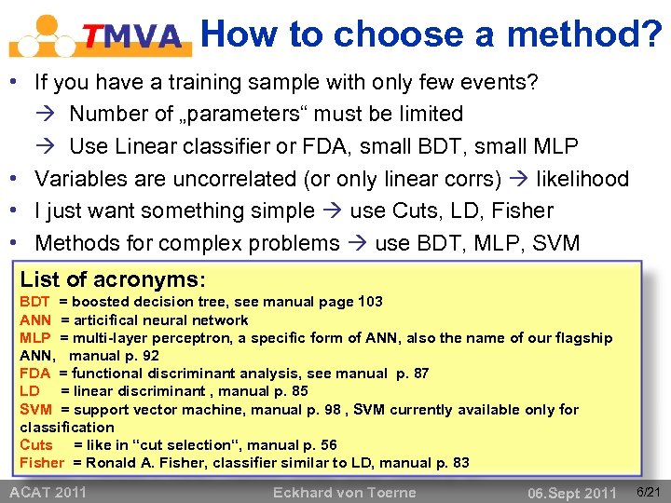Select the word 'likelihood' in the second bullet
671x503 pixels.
pos(581,178)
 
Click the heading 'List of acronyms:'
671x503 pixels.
pos(113,279)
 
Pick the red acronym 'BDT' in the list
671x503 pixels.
pos(35,302)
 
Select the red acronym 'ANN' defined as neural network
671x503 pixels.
pos(35,319)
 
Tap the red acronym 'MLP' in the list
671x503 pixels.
pos(35,337)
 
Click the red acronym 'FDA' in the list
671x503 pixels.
pos(35,374)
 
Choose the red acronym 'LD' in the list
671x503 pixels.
pos(30,391)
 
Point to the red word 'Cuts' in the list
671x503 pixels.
pos(36,445)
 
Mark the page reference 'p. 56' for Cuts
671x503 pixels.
pos(321,445)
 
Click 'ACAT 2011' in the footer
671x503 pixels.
pos(48,492)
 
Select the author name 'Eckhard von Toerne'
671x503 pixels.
pos(344,492)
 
